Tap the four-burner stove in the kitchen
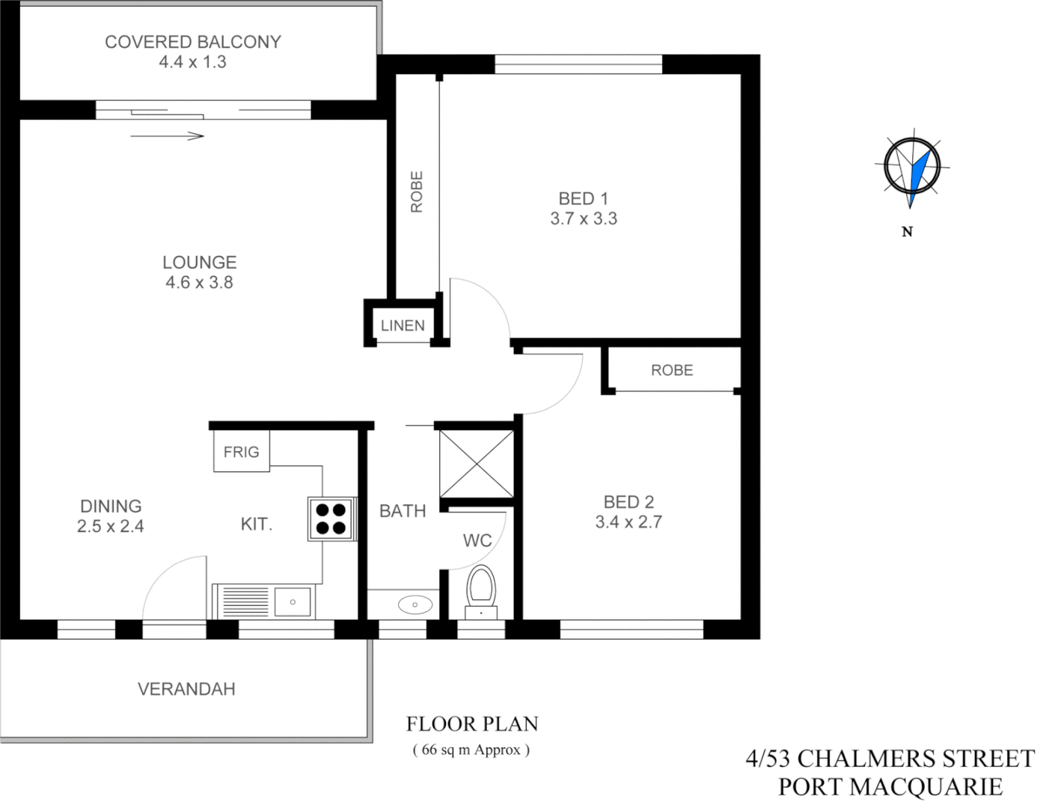[330, 519]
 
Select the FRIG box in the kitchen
[241, 452]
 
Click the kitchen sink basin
[293, 602]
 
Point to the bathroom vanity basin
[415, 605]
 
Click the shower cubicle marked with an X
[477, 464]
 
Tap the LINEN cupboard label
[403, 325]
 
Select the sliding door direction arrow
[167, 136]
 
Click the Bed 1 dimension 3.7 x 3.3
[584, 219]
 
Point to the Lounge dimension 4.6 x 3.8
[199, 283]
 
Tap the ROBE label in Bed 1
[417, 192]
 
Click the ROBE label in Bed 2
[671, 370]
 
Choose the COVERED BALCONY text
[192, 42]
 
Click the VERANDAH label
[186, 689]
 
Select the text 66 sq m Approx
[471, 750]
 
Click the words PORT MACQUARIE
[890, 787]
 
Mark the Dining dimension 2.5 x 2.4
[110, 527]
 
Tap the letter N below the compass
[907, 232]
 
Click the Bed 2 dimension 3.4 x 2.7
[629, 522]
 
